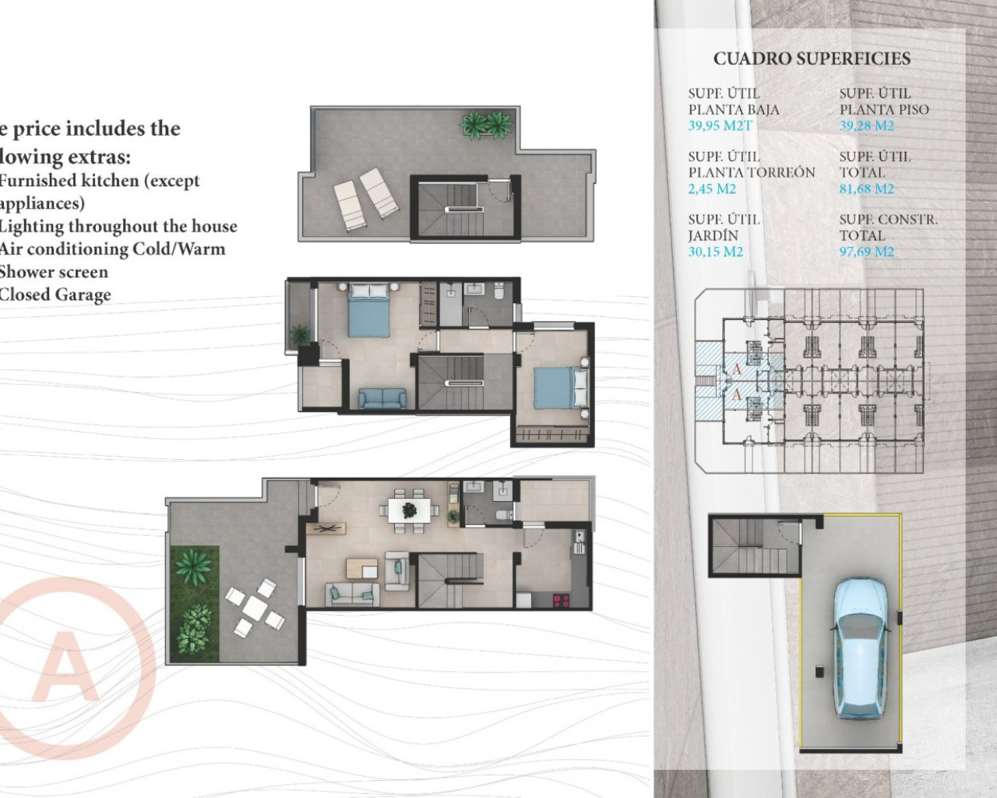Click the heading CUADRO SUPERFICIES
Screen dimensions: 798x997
(x=812, y=58)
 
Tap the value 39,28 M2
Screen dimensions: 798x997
(x=866, y=126)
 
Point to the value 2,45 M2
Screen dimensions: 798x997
(x=712, y=189)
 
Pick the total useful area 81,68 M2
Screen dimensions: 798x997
(x=866, y=189)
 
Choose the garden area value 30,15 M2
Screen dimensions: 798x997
(x=715, y=252)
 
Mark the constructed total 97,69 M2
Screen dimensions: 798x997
(x=866, y=252)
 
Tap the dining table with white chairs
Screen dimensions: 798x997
(x=408, y=511)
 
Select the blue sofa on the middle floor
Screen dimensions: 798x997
(x=382, y=398)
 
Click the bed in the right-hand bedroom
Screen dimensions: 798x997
(x=558, y=387)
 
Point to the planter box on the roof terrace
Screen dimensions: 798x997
(x=485, y=125)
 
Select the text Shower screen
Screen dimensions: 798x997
(x=54, y=272)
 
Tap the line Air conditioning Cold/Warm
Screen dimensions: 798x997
(x=112, y=249)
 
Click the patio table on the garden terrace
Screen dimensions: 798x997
(x=254, y=606)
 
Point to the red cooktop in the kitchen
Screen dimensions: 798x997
(x=561, y=600)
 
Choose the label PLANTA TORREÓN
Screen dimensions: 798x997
(x=751, y=172)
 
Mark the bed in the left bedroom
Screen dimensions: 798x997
(x=368, y=310)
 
